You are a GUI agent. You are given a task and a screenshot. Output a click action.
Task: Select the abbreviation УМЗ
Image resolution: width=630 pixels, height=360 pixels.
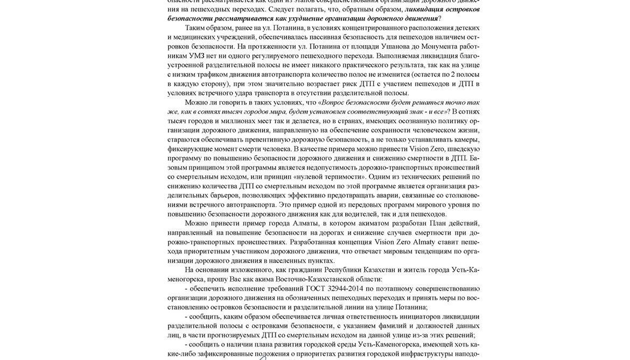[x=197, y=55]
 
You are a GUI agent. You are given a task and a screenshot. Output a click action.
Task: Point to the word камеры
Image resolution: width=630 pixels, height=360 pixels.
[x=465, y=139]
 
